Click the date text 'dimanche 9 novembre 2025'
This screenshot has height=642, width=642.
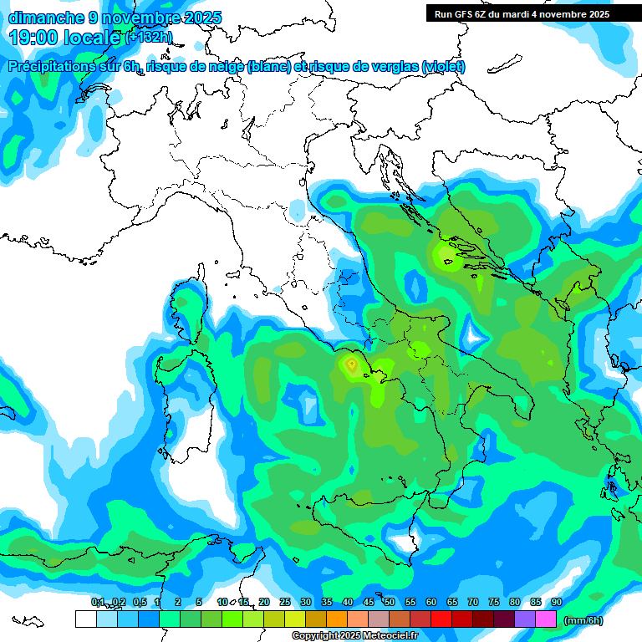[x=115, y=17]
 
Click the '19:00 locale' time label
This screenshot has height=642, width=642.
[x=65, y=37]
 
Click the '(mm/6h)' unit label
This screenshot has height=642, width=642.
[x=583, y=620]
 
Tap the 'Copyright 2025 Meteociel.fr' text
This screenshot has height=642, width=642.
[x=354, y=636]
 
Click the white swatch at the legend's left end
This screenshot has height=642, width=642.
[x=85, y=619]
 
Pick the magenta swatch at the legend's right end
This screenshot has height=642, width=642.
[x=546, y=619]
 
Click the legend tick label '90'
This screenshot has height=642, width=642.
[x=557, y=602]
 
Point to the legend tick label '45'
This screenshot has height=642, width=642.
[x=369, y=602]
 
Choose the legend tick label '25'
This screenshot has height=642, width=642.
[x=285, y=602]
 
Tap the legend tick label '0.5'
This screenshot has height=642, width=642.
[x=139, y=602]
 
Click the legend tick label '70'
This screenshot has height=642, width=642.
[x=473, y=602]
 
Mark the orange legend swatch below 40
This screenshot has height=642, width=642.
[x=337, y=619]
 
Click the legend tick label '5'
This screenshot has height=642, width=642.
[x=199, y=602]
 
